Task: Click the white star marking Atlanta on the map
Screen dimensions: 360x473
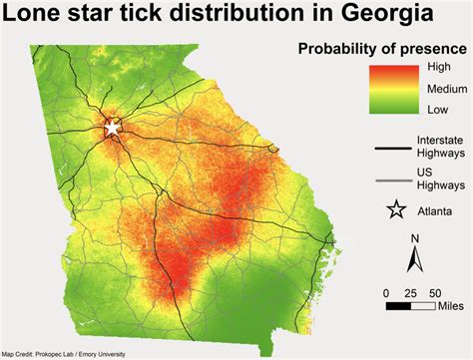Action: click(112, 129)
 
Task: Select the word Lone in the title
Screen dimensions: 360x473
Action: click(37, 16)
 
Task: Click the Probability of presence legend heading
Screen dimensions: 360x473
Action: click(382, 48)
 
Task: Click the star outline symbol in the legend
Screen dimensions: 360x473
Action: click(396, 209)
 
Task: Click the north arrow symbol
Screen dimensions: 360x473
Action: click(414, 261)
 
